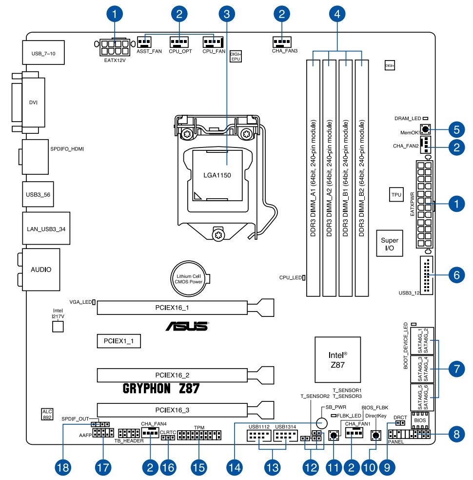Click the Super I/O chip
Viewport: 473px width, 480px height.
tap(390, 244)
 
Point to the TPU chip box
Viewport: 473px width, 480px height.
tap(396, 195)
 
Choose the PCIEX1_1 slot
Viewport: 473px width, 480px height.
tap(118, 340)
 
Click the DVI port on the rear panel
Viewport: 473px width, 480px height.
tap(33, 103)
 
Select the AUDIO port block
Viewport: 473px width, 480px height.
tap(41, 269)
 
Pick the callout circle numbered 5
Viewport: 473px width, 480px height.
tap(456, 130)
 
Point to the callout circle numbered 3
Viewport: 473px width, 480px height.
tap(226, 15)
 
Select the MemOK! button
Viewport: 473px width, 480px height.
tap(425, 130)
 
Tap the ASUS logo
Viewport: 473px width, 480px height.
tap(187, 326)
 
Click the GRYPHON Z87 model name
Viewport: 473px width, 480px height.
tap(161, 389)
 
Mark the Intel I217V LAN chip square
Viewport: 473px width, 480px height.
tap(58, 327)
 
